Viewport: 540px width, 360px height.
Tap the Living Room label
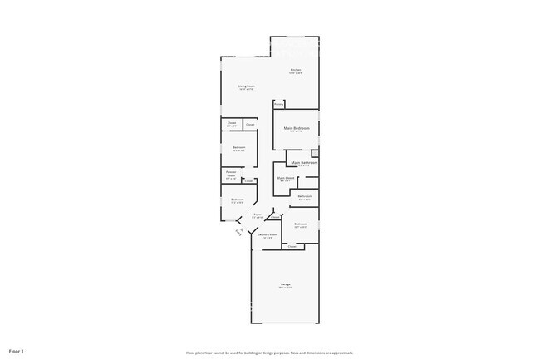(x=246, y=86)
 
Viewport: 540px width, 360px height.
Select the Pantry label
(x=279, y=105)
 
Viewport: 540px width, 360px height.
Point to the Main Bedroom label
(x=297, y=128)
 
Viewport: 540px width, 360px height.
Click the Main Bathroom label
(x=304, y=163)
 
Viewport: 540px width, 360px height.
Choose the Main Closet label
(x=284, y=179)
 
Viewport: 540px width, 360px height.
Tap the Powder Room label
(x=231, y=175)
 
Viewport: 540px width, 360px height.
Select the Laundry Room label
(x=267, y=235)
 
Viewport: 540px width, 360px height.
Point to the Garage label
(x=285, y=285)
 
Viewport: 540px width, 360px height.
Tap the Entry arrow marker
(x=241, y=232)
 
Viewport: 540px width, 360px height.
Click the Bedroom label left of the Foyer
(x=237, y=200)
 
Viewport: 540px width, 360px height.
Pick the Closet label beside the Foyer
(x=274, y=218)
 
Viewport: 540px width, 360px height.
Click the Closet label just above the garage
(x=292, y=247)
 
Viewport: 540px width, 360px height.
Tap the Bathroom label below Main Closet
(x=304, y=197)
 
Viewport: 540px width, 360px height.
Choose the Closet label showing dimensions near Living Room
(x=232, y=126)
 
